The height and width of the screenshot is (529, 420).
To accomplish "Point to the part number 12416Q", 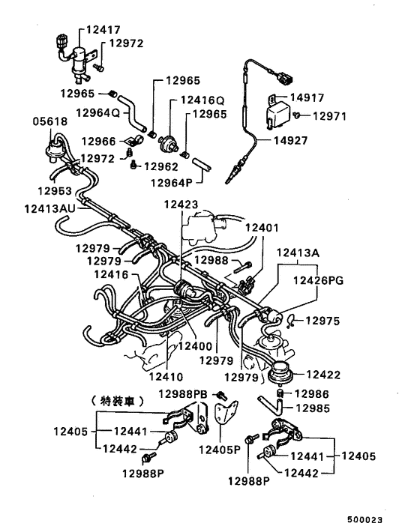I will tap(202, 100).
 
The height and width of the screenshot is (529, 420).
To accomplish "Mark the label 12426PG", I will tap(319, 280).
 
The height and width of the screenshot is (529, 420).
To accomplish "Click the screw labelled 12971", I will tap(298, 115).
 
